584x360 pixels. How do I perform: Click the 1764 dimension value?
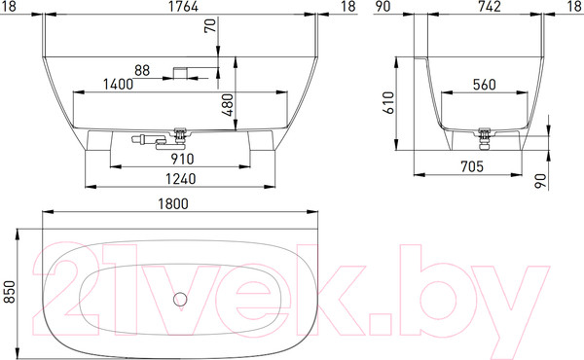178,8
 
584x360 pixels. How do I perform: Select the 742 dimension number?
489,8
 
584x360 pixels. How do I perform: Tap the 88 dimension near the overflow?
142,70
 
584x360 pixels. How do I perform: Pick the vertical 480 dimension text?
227,104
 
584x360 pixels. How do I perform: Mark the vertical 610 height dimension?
388,102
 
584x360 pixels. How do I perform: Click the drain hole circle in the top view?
179,299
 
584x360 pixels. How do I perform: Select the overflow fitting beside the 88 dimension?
182,71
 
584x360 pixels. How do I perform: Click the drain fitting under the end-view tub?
487,133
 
